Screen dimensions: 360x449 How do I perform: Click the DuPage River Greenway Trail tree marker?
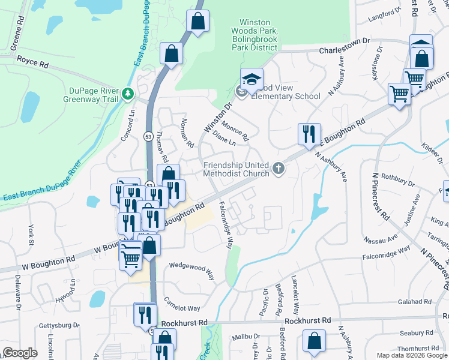[x=127, y=94]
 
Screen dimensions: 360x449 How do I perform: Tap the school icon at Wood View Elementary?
[x=252, y=79]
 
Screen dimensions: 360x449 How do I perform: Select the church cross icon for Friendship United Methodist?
[x=278, y=169]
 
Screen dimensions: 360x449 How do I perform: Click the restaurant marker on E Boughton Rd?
[x=309, y=134]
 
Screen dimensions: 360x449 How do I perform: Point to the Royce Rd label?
[x=32, y=61]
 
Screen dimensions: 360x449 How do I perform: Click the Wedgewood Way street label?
[x=191, y=269]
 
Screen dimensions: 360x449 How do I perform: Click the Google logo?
[x=20, y=353]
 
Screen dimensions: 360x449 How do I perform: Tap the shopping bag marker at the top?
[x=197, y=22]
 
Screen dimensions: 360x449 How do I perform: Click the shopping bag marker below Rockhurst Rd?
[x=314, y=341]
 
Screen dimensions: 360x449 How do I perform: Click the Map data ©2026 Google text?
[x=412, y=355]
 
